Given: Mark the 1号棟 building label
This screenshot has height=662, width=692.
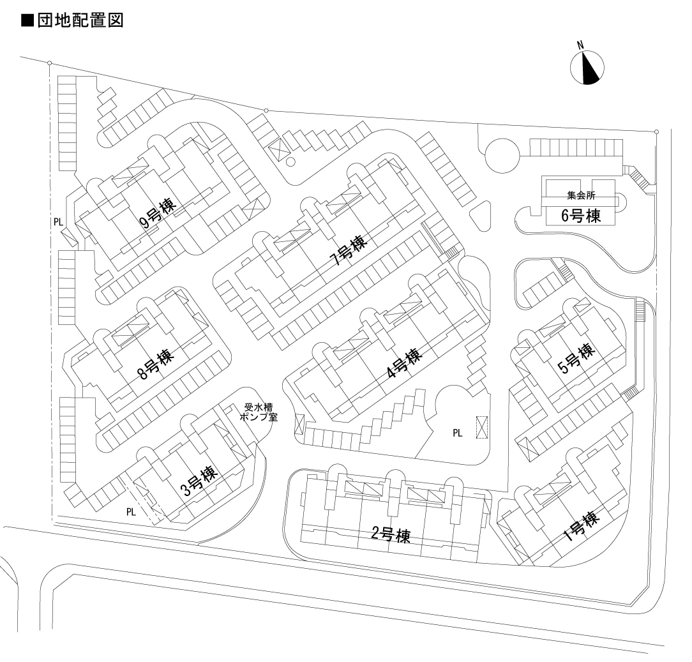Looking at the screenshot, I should tap(580, 527).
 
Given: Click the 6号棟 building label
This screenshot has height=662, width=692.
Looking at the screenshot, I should tap(580, 215).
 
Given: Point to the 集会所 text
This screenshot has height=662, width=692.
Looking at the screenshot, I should tap(580, 195).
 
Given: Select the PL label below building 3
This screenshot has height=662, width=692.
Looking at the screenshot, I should tap(131, 511).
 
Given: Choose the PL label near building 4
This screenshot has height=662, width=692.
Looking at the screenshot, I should tap(457, 432).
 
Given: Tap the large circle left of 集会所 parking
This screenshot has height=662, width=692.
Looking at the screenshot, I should tap(502, 155).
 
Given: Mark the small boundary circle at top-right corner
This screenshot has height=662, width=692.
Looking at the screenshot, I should tap(656, 132).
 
